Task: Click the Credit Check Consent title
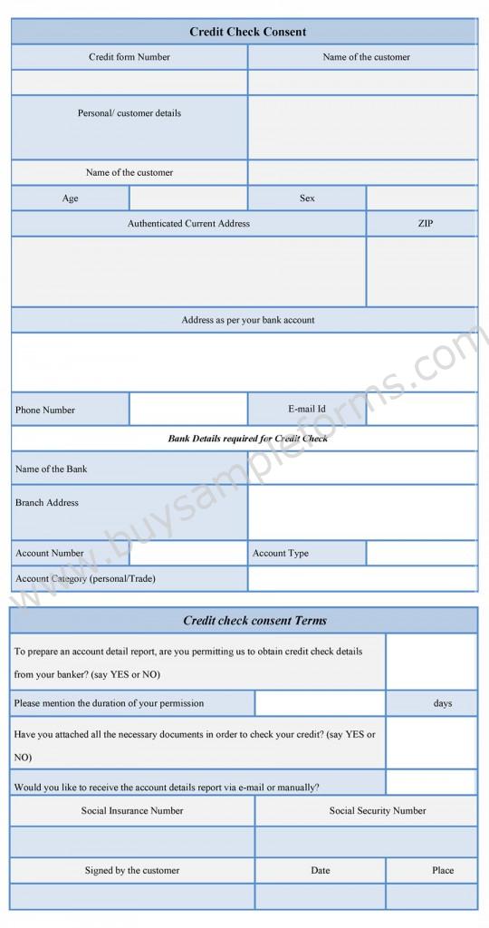coord(247,32)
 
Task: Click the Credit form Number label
coord(129,57)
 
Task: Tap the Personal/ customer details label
coord(129,113)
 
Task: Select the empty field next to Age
coord(188,198)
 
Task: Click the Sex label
coord(307,198)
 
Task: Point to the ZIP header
coord(425,223)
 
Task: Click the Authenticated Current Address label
coord(188,223)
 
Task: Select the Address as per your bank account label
coord(247,320)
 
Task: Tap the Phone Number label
coord(45,410)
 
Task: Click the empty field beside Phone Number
coord(188,410)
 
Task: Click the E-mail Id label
coord(307,409)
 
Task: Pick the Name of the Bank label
coord(52,469)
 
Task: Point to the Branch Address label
coord(47,502)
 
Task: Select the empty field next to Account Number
coord(188,553)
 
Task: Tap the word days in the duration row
coord(442,703)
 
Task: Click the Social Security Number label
coord(377,811)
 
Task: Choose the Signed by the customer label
coord(132,870)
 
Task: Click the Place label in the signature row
coord(442,870)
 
